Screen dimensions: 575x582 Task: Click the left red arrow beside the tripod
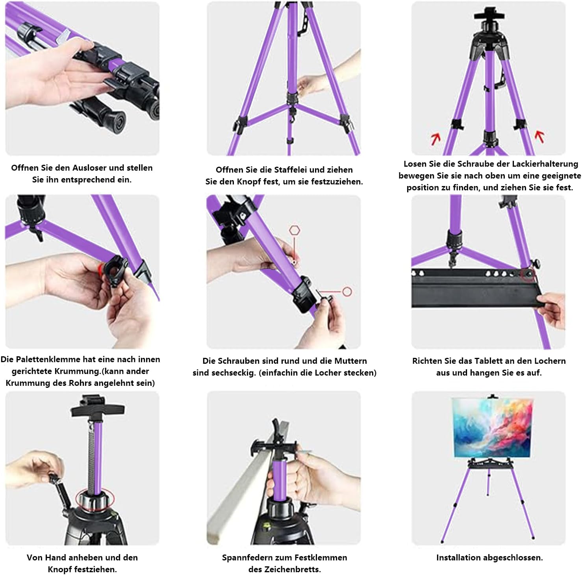[x=436, y=138]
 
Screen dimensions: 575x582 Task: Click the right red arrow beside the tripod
[x=539, y=136]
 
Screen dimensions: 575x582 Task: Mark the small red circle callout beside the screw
[x=347, y=292]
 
